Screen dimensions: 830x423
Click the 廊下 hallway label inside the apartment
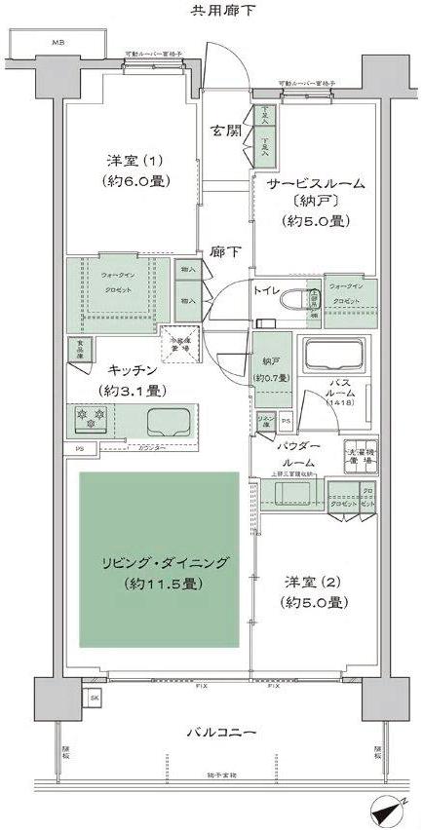click(226, 251)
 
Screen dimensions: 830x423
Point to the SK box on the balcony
click(95, 698)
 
